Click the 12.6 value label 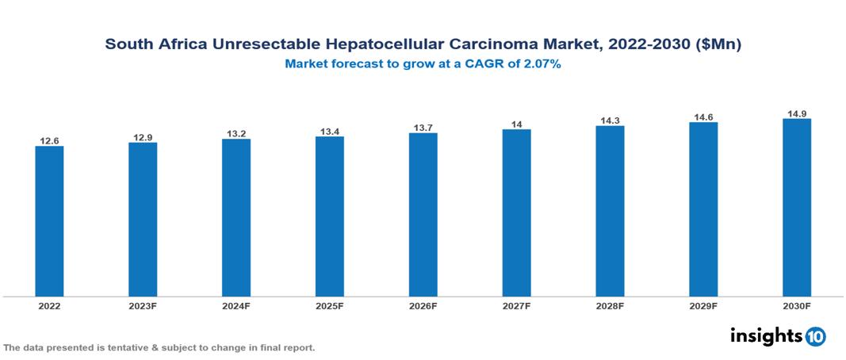49,140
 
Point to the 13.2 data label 236,134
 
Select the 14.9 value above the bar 797,113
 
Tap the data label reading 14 516,124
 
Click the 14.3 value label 610,121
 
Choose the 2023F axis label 143,305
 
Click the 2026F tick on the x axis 423,305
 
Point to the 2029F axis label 703,305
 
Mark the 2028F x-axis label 610,305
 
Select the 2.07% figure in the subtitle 541,65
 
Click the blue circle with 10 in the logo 815,336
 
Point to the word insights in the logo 766,335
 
